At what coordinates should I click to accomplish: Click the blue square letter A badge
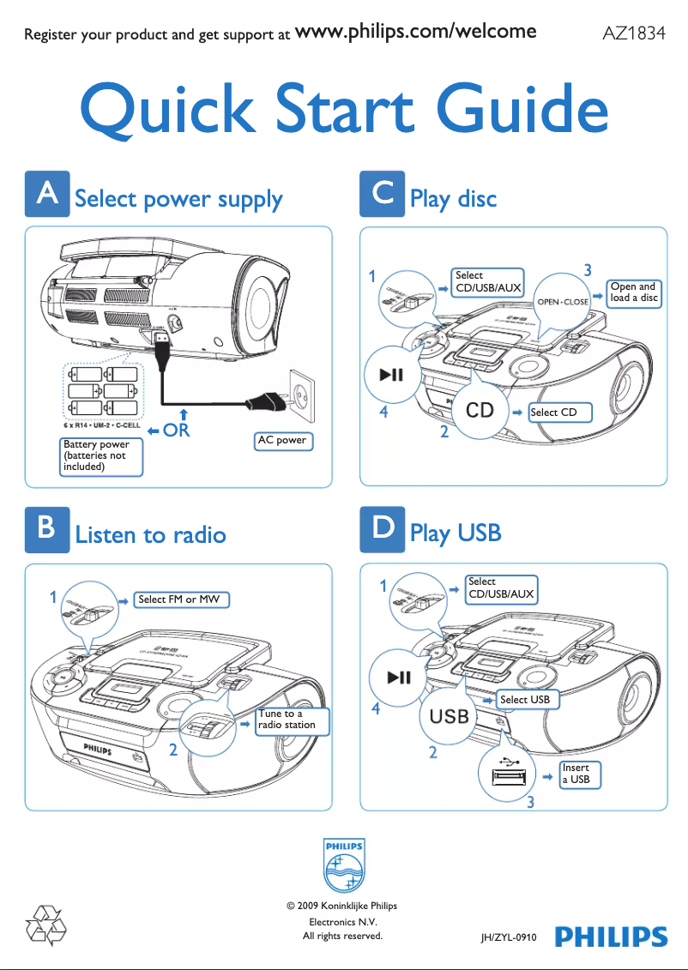point(45,196)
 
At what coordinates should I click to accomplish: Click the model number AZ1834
point(634,34)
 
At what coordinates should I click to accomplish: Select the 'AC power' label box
point(283,441)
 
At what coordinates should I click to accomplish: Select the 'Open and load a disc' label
point(634,292)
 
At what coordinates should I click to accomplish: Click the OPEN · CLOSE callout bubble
point(563,302)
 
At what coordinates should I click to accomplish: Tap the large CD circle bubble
point(480,411)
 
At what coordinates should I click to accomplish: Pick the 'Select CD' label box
point(553,413)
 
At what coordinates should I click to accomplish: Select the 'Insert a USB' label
point(579,774)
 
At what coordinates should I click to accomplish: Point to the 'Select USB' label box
point(525,700)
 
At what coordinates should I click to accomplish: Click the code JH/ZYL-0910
point(509,939)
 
